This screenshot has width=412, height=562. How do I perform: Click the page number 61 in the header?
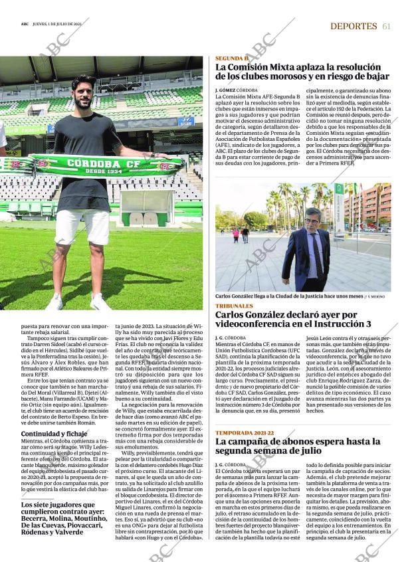(386, 26)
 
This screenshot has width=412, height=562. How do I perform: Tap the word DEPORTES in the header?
(354, 26)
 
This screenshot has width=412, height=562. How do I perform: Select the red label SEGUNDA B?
(231, 58)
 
